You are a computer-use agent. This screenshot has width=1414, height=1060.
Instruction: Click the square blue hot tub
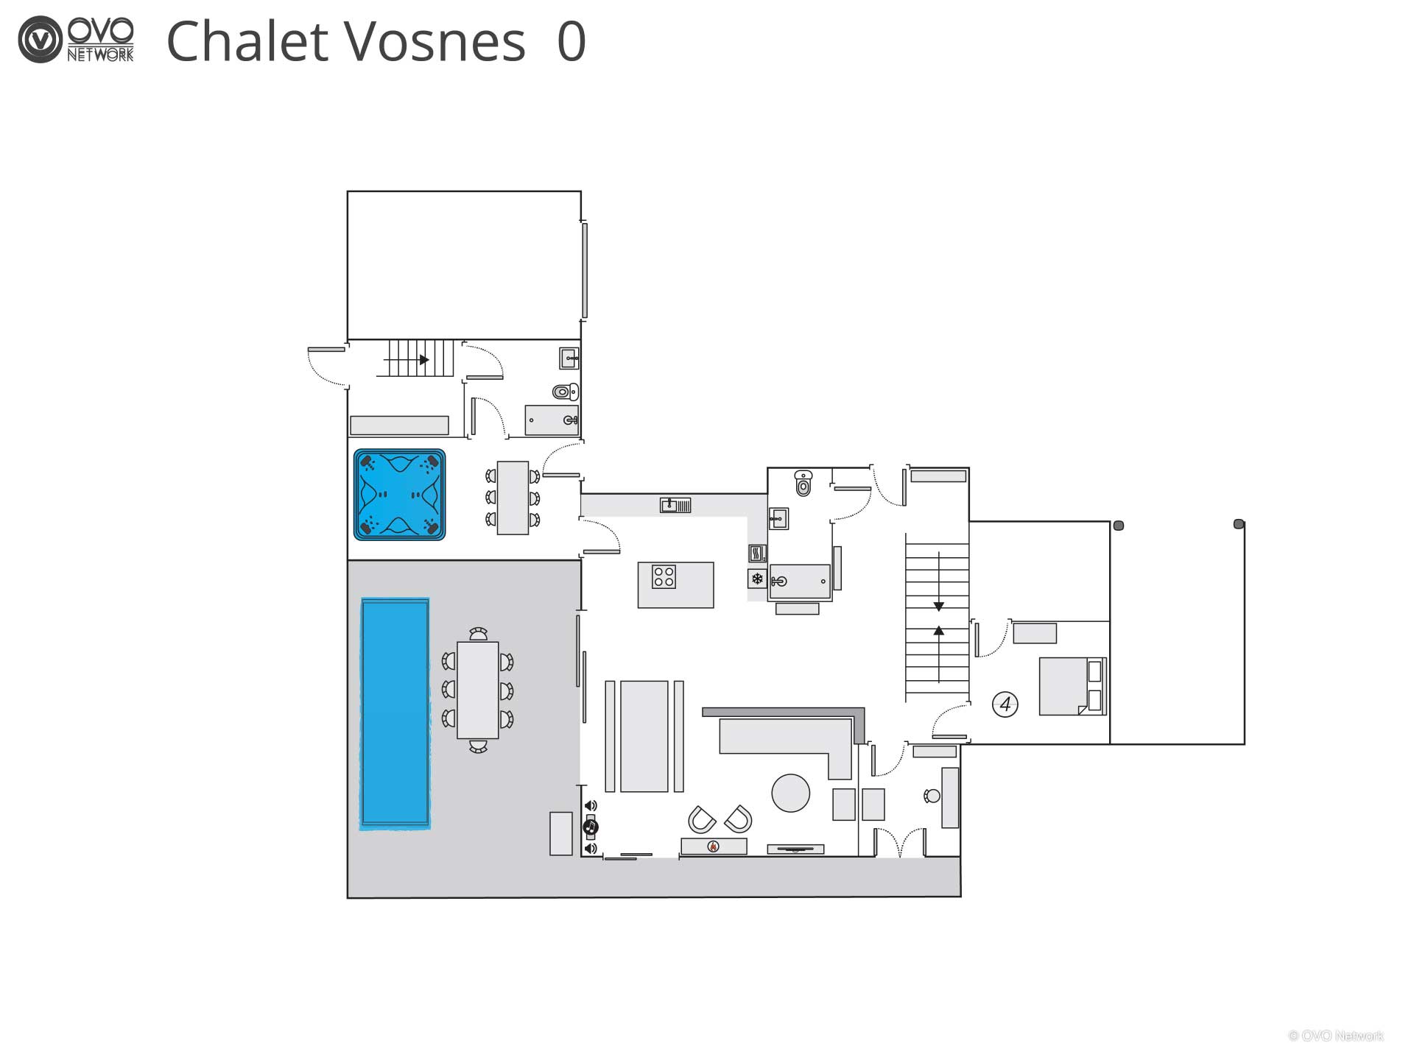pyautogui.click(x=400, y=495)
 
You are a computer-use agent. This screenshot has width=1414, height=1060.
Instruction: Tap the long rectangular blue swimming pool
pyautogui.click(x=395, y=713)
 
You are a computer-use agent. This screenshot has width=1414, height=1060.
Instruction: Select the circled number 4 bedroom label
pyautogui.click(x=1005, y=704)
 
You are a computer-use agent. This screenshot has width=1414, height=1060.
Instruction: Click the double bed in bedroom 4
pyautogui.click(x=1072, y=686)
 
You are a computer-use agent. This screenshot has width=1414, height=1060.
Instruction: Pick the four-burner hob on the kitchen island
pyautogui.click(x=664, y=576)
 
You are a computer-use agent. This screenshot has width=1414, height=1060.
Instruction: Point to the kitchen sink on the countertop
pyautogui.click(x=675, y=505)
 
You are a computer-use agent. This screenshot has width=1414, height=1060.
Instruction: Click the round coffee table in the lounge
pyautogui.click(x=791, y=793)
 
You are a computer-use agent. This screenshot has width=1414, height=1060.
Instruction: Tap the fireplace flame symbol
pyautogui.click(x=713, y=847)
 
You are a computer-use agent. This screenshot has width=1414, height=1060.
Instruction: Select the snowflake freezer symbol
pyautogui.click(x=757, y=579)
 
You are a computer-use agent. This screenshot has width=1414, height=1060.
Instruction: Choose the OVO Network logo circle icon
pyautogui.click(x=40, y=40)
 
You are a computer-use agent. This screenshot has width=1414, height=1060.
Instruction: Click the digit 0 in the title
pyautogui.click(x=571, y=41)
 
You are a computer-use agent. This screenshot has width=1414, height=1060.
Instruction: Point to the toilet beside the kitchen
pyautogui.click(x=803, y=483)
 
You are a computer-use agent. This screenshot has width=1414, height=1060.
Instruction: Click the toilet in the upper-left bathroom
pyautogui.click(x=566, y=391)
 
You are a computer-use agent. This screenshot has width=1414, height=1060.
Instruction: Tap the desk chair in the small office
pyautogui.click(x=932, y=796)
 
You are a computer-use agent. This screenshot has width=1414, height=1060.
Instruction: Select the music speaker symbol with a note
pyautogui.click(x=590, y=828)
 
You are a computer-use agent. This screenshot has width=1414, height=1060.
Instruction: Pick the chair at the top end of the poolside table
pyautogui.click(x=479, y=634)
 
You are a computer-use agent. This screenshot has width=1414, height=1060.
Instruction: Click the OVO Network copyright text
pyautogui.click(x=1336, y=1036)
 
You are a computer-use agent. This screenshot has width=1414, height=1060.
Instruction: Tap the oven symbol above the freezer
pyautogui.click(x=757, y=553)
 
